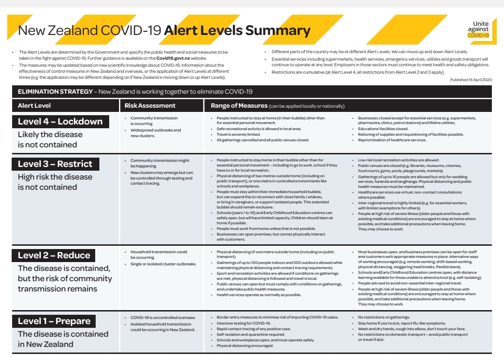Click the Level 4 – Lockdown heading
pos(60,122)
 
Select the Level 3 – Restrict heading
pos(55,164)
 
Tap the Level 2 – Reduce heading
pos(54,256)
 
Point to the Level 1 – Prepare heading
pos(54,321)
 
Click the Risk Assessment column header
pos(150,106)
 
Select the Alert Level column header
pos(35,106)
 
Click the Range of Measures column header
pos(239,106)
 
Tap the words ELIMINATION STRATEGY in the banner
pos(55,92)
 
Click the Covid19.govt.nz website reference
pos(173,58)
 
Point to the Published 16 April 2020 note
pos(471,80)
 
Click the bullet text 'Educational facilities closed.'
pos(383,129)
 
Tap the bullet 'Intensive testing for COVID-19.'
pos(244,323)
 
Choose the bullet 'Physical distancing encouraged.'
pos(245,346)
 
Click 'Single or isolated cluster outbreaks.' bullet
pos(163,264)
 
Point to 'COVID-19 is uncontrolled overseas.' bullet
pos(163,318)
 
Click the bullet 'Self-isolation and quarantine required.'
pos(250,334)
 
